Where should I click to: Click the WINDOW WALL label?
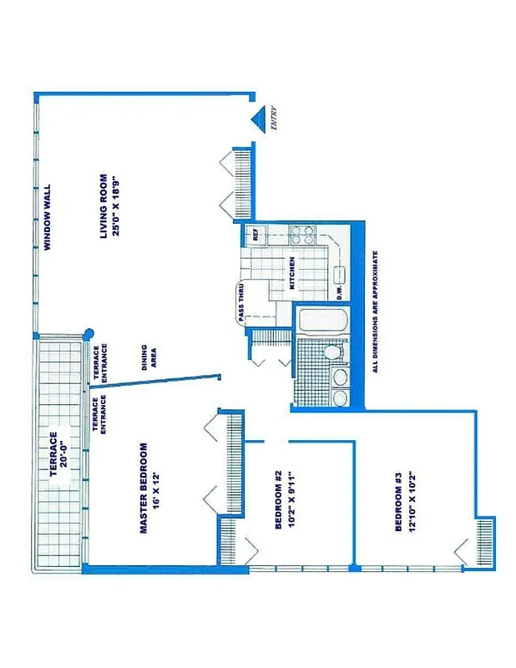(48, 218)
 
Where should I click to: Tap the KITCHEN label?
(292, 272)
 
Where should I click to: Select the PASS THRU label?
(240, 303)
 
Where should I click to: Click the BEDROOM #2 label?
(279, 499)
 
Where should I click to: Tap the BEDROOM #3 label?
(398, 501)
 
